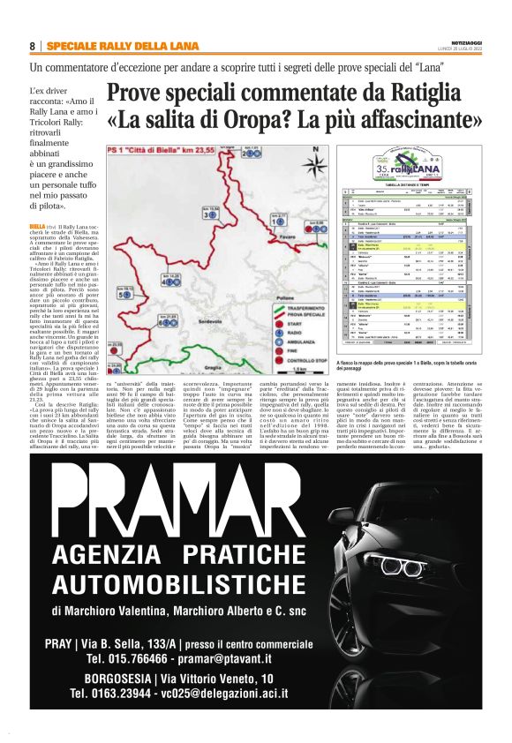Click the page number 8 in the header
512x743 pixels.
[x=32, y=46]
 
